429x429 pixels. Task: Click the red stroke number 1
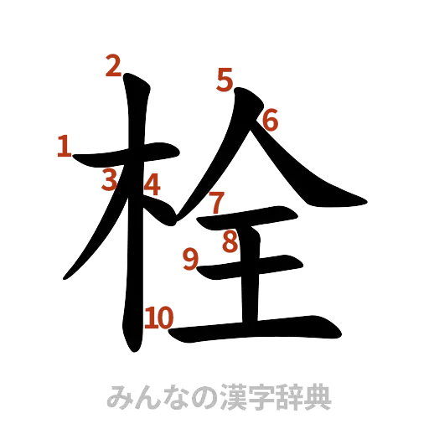63,147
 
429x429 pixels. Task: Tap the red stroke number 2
112,65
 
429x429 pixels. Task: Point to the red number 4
152,183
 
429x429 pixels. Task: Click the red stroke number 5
224,80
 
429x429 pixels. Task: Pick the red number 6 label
269,121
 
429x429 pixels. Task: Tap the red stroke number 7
216,202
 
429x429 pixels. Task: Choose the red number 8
230,242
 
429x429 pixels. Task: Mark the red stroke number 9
191,260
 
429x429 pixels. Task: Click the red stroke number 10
158,318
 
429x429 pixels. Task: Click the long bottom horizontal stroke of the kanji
268,328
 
